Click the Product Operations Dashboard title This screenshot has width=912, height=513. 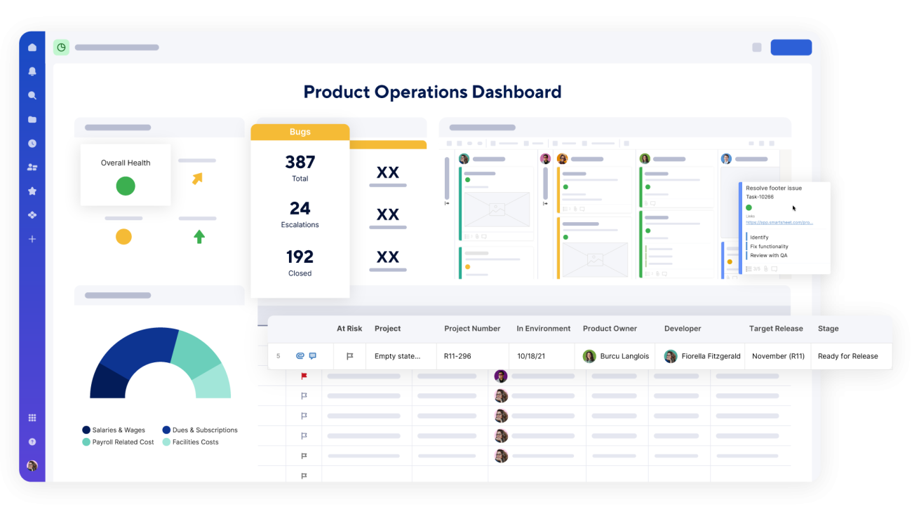(432, 92)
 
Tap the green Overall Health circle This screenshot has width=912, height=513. (126, 186)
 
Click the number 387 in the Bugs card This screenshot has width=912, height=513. (300, 162)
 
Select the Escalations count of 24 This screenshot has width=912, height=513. (300, 208)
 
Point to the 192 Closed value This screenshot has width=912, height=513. (300, 256)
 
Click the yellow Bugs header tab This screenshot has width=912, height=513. (300, 132)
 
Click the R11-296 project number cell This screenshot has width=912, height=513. (457, 356)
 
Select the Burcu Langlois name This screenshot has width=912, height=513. (624, 356)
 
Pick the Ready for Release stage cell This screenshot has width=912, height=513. (847, 356)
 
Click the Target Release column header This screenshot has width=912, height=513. (776, 329)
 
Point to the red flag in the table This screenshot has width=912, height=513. (304, 376)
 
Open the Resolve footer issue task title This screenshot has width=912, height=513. (773, 188)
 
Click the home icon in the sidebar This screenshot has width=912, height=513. (32, 48)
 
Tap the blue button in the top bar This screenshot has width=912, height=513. (791, 47)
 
